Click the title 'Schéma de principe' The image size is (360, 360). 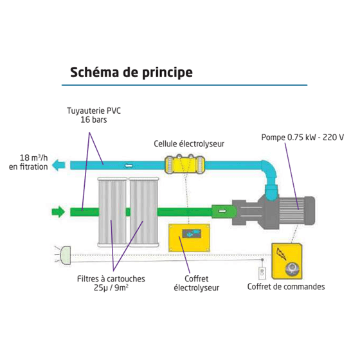click(131, 73)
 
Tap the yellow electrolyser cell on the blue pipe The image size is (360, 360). click(184, 164)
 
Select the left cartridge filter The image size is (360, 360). click(113, 212)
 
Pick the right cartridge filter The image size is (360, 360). click(144, 212)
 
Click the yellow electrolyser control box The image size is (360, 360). click(189, 238)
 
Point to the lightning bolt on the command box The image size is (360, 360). click(282, 254)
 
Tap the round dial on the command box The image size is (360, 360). click(292, 269)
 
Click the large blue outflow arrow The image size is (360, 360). click(59, 165)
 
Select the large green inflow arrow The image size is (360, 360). click(59, 212)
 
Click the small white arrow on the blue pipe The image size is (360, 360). click(129, 165)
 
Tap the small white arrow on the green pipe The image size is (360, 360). click(222, 211)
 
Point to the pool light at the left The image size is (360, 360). click(64, 255)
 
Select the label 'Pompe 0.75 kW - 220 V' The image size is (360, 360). click(303, 138)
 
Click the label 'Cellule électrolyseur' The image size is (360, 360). click(189, 144)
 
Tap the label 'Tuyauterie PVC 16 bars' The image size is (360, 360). click(94, 115)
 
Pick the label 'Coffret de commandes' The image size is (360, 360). click(286, 287)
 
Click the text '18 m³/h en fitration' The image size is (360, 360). click(28, 162)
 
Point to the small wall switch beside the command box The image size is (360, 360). click(262, 273)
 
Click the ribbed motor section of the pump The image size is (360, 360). click(292, 210)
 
